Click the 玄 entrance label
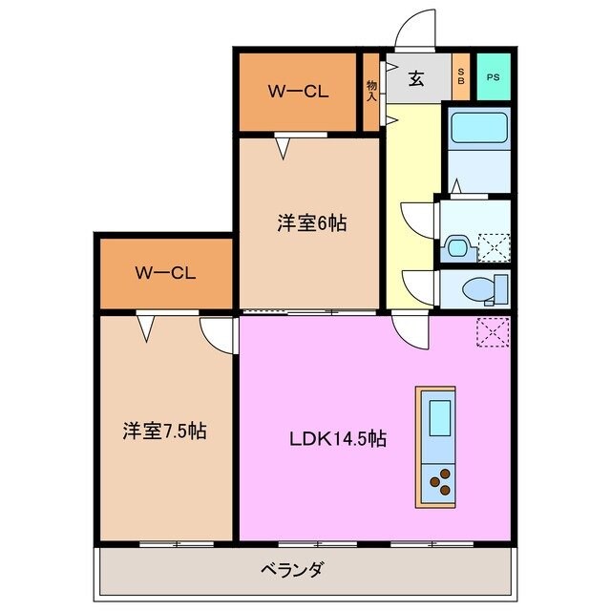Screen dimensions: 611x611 click(x=417, y=79)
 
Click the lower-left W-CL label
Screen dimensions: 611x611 click(x=165, y=273)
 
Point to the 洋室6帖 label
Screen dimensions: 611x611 click(x=311, y=222)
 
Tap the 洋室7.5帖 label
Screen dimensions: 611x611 click(x=165, y=431)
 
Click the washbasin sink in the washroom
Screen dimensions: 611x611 click(x=456, y=247)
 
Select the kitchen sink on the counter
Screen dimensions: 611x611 click(x=440, y=418)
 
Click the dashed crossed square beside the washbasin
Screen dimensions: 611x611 click(x=493, y=247)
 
